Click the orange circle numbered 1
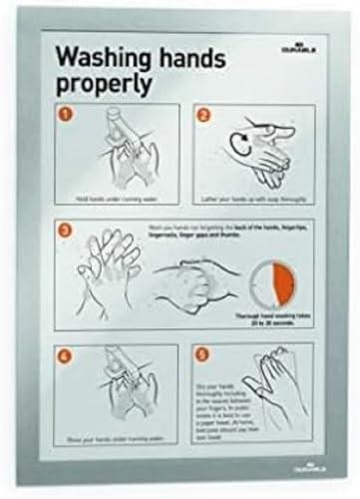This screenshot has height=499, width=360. click(x=66, y=115)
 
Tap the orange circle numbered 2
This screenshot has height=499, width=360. click(x=204, y=115)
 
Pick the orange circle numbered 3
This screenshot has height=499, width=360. click(x=66, y=232)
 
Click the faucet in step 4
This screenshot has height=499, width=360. click(x=117, y=364)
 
